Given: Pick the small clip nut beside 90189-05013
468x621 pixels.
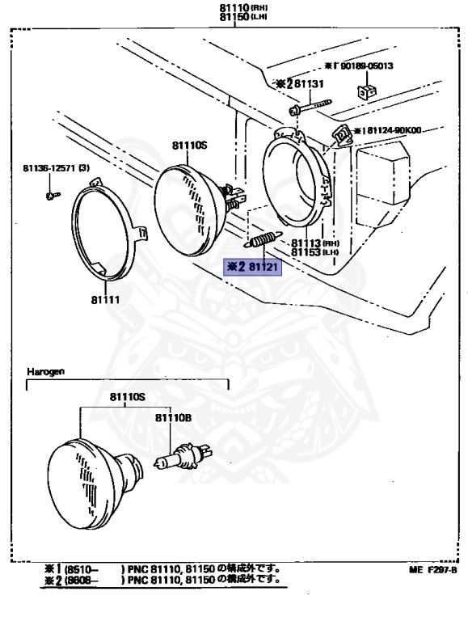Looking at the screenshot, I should pos(367,89).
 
